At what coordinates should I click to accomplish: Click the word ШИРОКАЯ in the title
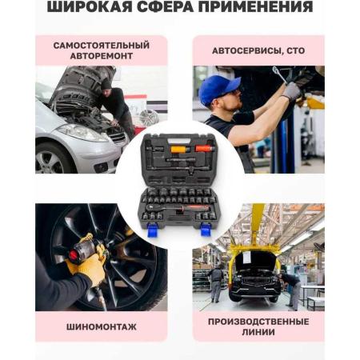click(x=90, y=6)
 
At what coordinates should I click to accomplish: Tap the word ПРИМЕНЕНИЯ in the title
click(x=255, y=6)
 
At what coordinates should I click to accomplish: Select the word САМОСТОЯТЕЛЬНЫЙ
click(x=102, y=46)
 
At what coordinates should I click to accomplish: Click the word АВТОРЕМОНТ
click(x=102, y=56)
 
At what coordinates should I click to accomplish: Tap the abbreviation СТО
click(x=296, y=50)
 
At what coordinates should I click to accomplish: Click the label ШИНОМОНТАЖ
click(x=102, y=327)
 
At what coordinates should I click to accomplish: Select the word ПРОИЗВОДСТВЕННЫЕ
click(x=258, y=322)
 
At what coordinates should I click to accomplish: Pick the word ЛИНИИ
click(x=258, y=332)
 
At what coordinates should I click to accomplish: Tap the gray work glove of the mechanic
click(x=291, y=91)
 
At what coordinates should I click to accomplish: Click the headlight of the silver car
click(x=82, y=133)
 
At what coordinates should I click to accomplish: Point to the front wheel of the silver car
click(x=50, y=159)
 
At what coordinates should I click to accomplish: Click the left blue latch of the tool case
click(x=153, y=230)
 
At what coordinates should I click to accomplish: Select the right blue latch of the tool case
click(x=206, y=230)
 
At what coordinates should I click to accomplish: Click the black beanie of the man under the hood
click(x=106, y=84)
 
